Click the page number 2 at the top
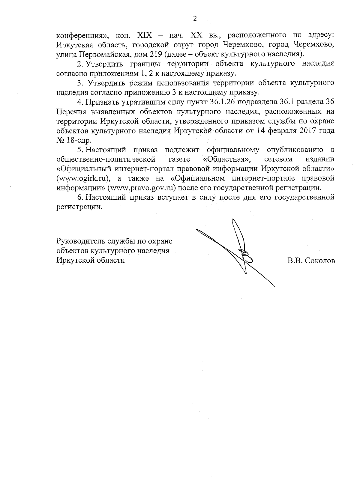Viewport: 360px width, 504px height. (x=195, y=19)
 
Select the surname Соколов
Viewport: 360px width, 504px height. (x=320, y=261)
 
